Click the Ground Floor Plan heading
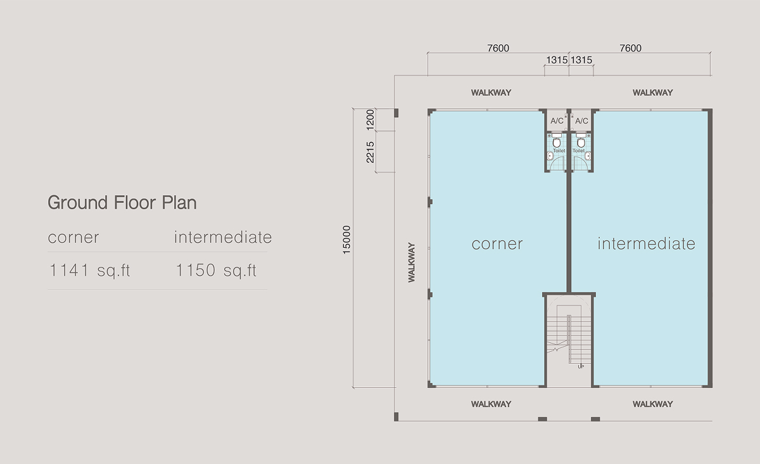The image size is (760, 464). (122, 203)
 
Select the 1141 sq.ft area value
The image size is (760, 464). (89, 271)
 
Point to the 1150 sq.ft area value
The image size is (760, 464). (216, 271)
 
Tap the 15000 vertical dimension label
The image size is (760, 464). (346, 240)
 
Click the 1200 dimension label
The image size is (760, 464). (370, 120)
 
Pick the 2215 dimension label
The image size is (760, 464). (370, 152)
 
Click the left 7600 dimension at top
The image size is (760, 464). (498, 48)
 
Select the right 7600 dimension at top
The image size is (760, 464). (630, 48)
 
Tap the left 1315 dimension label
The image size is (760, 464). (557, 60)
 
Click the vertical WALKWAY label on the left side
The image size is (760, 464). (412, 262)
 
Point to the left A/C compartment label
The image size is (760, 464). (557, 120)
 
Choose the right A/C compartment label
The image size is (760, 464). (581, 120)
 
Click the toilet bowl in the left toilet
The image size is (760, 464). (557, 143)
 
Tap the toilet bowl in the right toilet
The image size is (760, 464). (581, 143)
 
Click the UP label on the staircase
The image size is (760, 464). (581, 367)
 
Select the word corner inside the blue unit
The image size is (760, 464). (497, 244)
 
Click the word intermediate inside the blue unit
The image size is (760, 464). (647, 243)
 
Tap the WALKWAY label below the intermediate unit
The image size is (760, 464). (652, 404)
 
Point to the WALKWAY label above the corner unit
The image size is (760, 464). (491, 93)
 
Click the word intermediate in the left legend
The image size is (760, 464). (223, 237)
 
